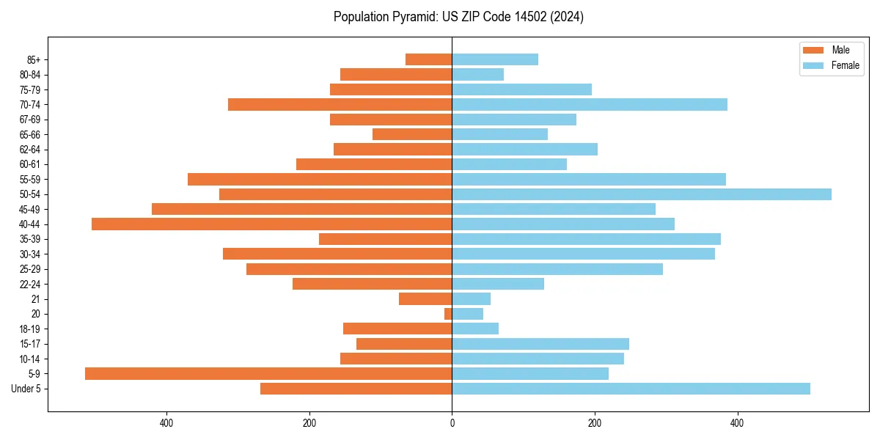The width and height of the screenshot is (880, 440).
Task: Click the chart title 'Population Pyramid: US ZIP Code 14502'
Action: [x=458, y=17]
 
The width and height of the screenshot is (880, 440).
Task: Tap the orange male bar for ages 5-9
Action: [x=268, y=373]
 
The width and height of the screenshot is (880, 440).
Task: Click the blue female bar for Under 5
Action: [x=631, y=389]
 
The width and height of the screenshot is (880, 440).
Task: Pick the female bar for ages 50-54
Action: [x=642, y=194]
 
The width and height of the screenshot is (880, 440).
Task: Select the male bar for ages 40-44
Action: [x=271, y=224]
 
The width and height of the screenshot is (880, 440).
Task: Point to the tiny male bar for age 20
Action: [x=448, y=314]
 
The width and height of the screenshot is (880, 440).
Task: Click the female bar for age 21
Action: [x=471, y=298]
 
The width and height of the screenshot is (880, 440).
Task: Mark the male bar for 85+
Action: [x=428, y=59]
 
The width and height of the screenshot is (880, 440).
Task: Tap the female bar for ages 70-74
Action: [x=590, y=104]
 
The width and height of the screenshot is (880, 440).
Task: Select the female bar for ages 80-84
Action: [x=477, y=74]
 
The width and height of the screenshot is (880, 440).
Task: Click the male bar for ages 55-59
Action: [x=320, y=179]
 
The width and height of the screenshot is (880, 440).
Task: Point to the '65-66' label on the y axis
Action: [x=30, y=134]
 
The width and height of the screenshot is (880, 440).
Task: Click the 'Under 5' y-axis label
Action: [x=26, y=389]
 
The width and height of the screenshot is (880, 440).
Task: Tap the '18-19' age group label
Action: [x=30, y=329]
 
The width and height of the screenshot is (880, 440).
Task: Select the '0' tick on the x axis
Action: [x=452, y=422]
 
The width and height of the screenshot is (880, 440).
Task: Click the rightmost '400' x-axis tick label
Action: [x=737, y=422]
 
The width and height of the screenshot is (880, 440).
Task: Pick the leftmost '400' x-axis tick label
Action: [x=166, y=422]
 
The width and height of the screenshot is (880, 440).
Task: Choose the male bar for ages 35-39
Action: [x=385, y=239]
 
